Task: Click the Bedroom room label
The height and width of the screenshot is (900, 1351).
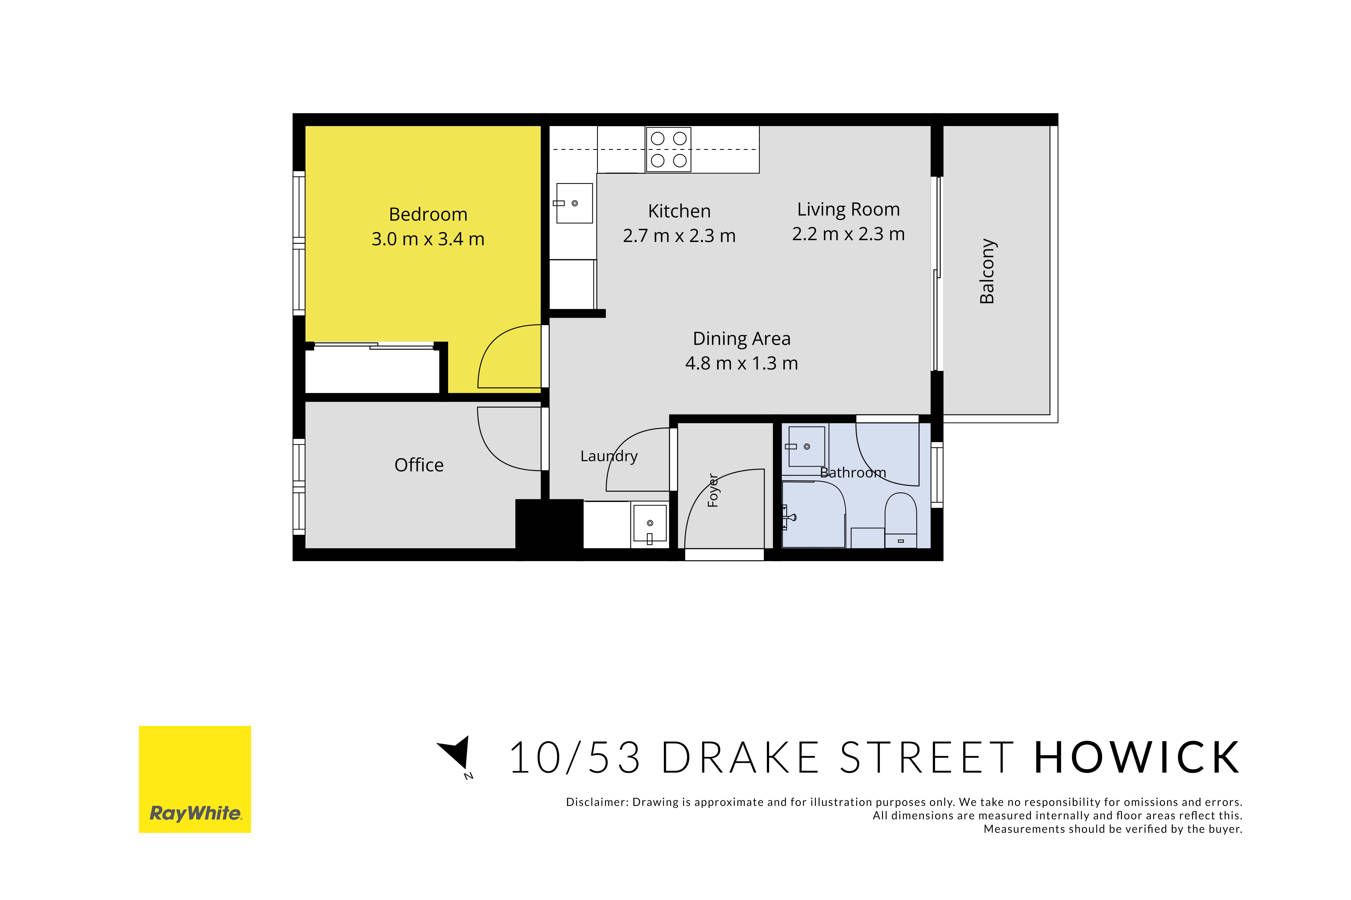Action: [x=428, y=214]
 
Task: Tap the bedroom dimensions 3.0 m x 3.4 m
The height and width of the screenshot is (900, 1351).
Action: [x=428, y=239]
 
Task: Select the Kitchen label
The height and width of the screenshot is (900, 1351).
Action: [x=679, y=211]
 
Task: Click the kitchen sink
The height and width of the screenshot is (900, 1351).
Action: [x=574, y=203]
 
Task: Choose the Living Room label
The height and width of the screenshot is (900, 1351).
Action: [x=848, y=209]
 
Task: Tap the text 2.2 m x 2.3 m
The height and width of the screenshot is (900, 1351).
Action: [x=848, y=234]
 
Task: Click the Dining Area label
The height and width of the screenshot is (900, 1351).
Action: [x=741, y=339]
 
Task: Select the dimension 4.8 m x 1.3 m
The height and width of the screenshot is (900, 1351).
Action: [x=741, y=363]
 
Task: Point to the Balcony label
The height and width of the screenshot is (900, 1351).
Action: [x=987, y=271]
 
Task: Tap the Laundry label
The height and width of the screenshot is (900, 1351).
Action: [x=609, y=456]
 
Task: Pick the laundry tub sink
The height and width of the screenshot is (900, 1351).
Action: [x=649, y=524]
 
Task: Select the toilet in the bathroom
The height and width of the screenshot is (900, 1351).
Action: [x=900, y=520]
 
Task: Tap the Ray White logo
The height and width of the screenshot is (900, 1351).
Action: [x=195, y=779]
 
